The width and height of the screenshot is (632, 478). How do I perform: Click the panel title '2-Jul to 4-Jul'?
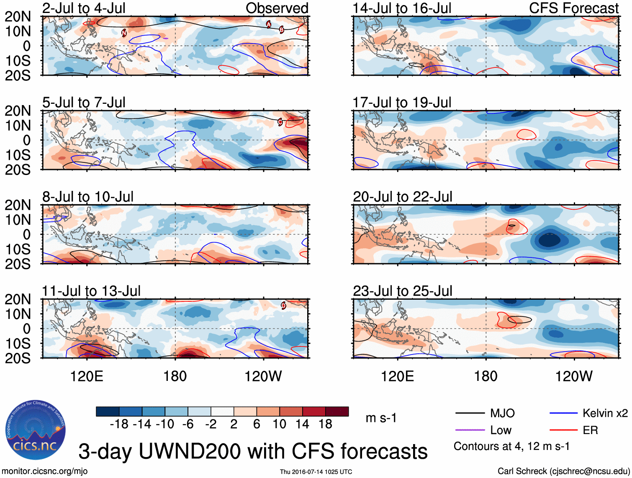pyautogui.click(x=84, y=8)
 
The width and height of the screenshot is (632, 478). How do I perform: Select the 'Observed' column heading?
pyautogui.click(x=277, y=8)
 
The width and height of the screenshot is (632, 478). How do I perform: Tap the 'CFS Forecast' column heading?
pyautogui.click(x=573, y=8)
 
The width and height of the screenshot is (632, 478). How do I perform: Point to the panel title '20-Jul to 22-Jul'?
pyautogui.click(x=402, y=196)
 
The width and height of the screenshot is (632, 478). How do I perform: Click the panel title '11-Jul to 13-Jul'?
pyautogui.click(x=91, y=290)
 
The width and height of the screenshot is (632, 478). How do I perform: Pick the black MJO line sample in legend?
pyautogui.click(x=470, y=413)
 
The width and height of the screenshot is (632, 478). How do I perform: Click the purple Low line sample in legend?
pyautogui.click(x=470, y=430)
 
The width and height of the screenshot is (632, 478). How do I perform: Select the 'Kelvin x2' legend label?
pyautogui.click(x=605, y=413)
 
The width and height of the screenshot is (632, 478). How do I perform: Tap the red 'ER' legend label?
pyautogui.click(x=590, y=430)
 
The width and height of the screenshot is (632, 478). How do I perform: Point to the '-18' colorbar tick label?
pyautogui.click(x=119, y=424)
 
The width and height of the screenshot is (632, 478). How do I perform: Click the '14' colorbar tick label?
pyautogui.click(x=302, y=424)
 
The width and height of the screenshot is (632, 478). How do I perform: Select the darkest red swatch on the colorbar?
pyautogui.click(x=337, y=411)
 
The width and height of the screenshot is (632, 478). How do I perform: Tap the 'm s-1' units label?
pyautogui.click(x=381, y=418)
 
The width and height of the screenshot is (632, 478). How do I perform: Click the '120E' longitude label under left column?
pyautogui.click(x=87, y=376)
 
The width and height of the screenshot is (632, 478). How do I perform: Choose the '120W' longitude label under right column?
pyautogui.click(x=574, y=376)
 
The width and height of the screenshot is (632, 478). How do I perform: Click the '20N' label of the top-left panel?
pyautogui.click(x=18, y=16)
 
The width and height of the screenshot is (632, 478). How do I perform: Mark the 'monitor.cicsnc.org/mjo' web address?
pyautogui.click(x=45, y=471)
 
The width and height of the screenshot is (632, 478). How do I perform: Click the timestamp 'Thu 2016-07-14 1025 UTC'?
pyautogui.click(x=316, y=472)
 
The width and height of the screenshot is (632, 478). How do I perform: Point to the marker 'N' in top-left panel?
pyautogui.click(x=124, y=33)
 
